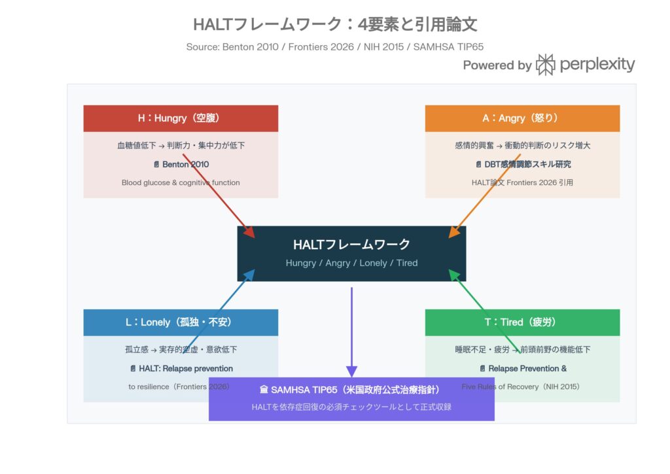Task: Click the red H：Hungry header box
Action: pos(181,118)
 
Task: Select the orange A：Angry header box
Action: pos(522,118)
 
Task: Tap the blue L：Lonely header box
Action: pos(181,322)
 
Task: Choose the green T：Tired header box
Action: pos(522,322)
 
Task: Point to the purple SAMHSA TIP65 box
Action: pos(351,399)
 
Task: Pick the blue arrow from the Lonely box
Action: pos(219,311)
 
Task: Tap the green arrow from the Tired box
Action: pos(484,311)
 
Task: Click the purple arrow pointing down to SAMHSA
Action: pos(351,330)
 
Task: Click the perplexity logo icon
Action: pos(545,65)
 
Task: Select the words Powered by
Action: pos(497,65)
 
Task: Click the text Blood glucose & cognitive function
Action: pos(181,182)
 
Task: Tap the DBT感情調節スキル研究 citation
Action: pos(523,164)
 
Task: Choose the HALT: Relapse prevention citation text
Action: pos(181,368)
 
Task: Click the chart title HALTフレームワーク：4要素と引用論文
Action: pos(335,25)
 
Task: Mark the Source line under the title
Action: pos(335,46)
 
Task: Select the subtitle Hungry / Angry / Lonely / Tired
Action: pos(351,263)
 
